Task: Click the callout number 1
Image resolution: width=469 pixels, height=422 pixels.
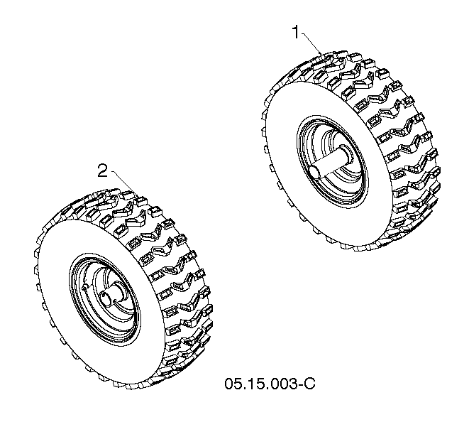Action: [296, 33]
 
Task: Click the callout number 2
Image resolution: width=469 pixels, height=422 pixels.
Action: [103, 171]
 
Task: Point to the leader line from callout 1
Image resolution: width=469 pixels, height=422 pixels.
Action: [312, 44]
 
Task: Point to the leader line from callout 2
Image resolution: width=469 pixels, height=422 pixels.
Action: [125, 183]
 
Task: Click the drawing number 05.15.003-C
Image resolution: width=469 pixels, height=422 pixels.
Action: [270, 384]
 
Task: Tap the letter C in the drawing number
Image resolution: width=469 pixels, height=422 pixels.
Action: [310, 384]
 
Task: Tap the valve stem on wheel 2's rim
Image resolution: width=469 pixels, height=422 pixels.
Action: [85, 286]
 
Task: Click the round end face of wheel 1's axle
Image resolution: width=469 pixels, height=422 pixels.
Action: [314, 173]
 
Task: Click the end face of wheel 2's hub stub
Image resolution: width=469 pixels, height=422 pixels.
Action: [106, 299]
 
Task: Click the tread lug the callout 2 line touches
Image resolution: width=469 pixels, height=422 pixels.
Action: [140, 200]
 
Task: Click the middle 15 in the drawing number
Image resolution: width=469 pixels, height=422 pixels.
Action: [254, 384]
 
